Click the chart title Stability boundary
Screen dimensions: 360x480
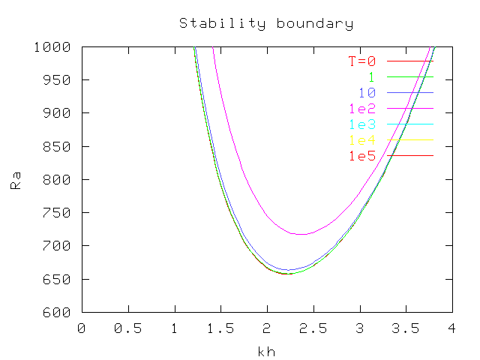click(265, 23)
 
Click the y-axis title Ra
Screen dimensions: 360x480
click(16, 179)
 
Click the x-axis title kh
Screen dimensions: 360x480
click(265, 351)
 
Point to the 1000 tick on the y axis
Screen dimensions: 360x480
click(56, 46)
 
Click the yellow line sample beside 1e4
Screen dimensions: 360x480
click(409, 140)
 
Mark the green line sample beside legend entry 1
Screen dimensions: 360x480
click(409, 77)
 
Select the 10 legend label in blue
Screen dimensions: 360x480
click(367, 93)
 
